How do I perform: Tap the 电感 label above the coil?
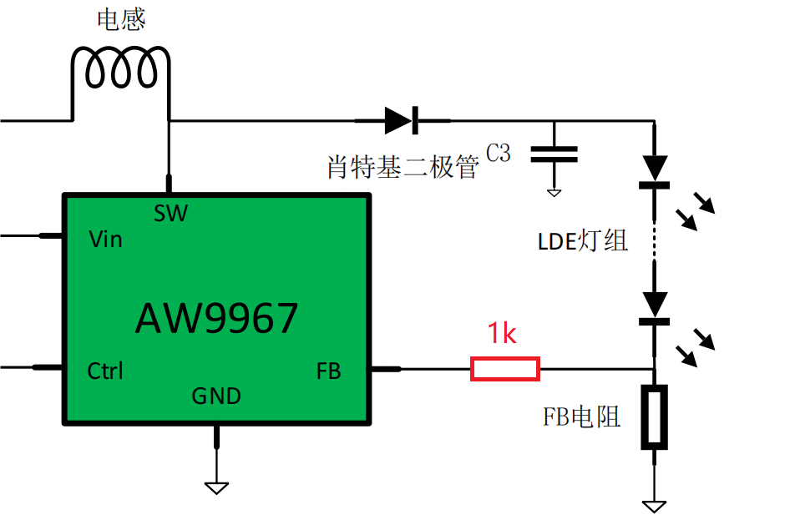(121, 19)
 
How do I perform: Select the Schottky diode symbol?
(403, 121)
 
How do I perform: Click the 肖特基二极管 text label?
(403, 167)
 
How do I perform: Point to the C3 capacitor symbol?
(554, 154)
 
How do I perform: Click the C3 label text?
(498, 153)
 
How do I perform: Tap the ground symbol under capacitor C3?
(554, 193)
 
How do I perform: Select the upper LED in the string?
(655, 172)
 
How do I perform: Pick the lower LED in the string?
(655, 309)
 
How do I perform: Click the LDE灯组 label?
(583, 240)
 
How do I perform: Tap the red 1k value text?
(502, 334)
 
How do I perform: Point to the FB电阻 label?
(581, 417)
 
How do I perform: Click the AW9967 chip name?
(217, 318)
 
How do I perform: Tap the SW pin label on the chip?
(171, 214)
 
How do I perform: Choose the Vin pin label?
(105, 240)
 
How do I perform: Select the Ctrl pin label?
(105, 371)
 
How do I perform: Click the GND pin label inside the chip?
(216, 396)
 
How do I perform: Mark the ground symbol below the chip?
(216, 488)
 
